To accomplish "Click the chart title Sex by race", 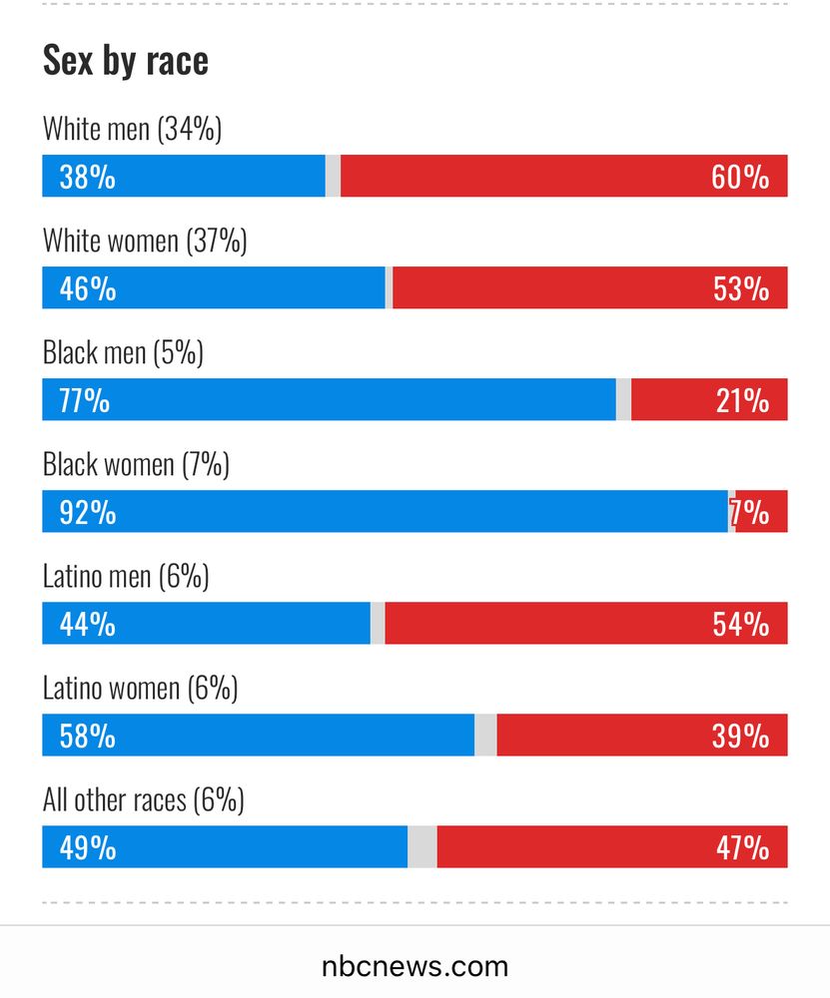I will pyautogui.click(x=125, y=61).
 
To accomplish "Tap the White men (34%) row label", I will pyautogui.click(x=132, y=129).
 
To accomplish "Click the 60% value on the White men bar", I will pyautogui.click(x=740, y=178).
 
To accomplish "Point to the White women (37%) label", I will pyautogui.click(x=145, y=241).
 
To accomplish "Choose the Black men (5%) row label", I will pyautogui.click(x=123, y=352).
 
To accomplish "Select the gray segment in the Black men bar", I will pyautogui.click(x=623, y=400).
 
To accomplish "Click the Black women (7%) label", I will pyautogui.click(x=136, y=464).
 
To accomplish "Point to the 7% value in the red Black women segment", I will pyautogui.click(x=751, y=513).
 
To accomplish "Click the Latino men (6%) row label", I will pyautogui.click(x=126, y=576).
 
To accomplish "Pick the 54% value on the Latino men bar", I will pyautogui.click(x=740, y=625).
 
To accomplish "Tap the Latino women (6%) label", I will pyautogui.click(x=140, y=688).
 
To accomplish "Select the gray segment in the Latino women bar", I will pyautogui.click(x=485, y=736).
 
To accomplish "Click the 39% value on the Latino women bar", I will pyautogui.click(x=740, y=737).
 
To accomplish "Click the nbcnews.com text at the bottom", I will pyautogui.click(x=415, y=966).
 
